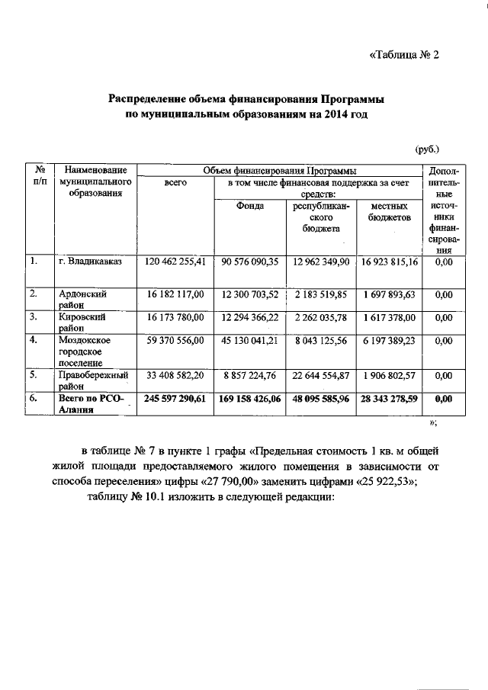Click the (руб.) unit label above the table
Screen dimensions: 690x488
(x=427, y=149)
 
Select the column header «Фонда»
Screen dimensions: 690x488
(x=249, y=207)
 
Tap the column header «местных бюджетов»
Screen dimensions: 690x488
(x=389, y=212)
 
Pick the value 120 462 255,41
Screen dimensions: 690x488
(x=175, y=262)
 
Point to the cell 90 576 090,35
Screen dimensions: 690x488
(x=249, y=262)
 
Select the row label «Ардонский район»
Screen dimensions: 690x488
(x=83, y=298)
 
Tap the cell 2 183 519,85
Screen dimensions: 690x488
(x=320, y=294)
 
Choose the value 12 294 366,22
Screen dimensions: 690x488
(x=249, y=316)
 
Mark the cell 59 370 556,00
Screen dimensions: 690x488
(x=175, y=340)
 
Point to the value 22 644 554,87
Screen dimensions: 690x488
(x=320, y=375)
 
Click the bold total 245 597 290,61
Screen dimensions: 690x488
(x=175, y=398)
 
